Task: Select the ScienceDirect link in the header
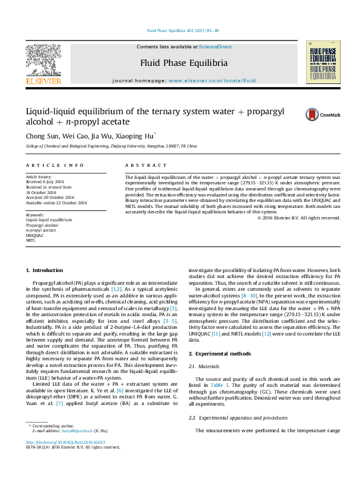pos(215,47)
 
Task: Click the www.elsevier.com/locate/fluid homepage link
pos(212,80)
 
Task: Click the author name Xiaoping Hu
pos(137,135)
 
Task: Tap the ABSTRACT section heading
pos(145,165)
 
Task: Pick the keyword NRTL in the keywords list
pos(31,241)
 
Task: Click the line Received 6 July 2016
pos(44,181)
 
